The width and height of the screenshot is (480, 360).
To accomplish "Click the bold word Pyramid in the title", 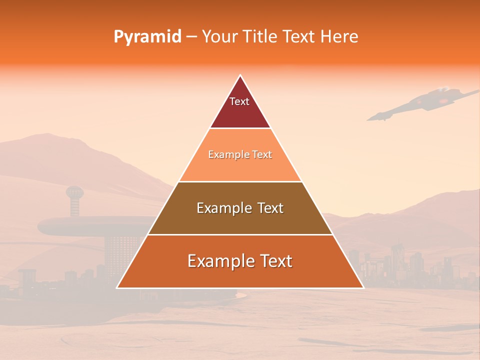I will point(147,36).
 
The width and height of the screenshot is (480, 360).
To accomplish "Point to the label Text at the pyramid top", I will point(239,101).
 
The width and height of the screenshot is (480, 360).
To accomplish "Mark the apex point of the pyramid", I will point(240,75).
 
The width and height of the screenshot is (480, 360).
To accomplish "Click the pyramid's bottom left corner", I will point(117,288).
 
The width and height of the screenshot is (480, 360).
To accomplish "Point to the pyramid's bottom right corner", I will point(363,288).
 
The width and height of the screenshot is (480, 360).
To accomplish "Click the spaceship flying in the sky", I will point(425,102).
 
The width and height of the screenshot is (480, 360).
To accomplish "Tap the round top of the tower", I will point(74,192).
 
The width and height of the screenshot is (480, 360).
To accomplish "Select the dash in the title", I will point(191,36).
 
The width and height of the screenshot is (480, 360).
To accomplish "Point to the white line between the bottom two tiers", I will point(240,234).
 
